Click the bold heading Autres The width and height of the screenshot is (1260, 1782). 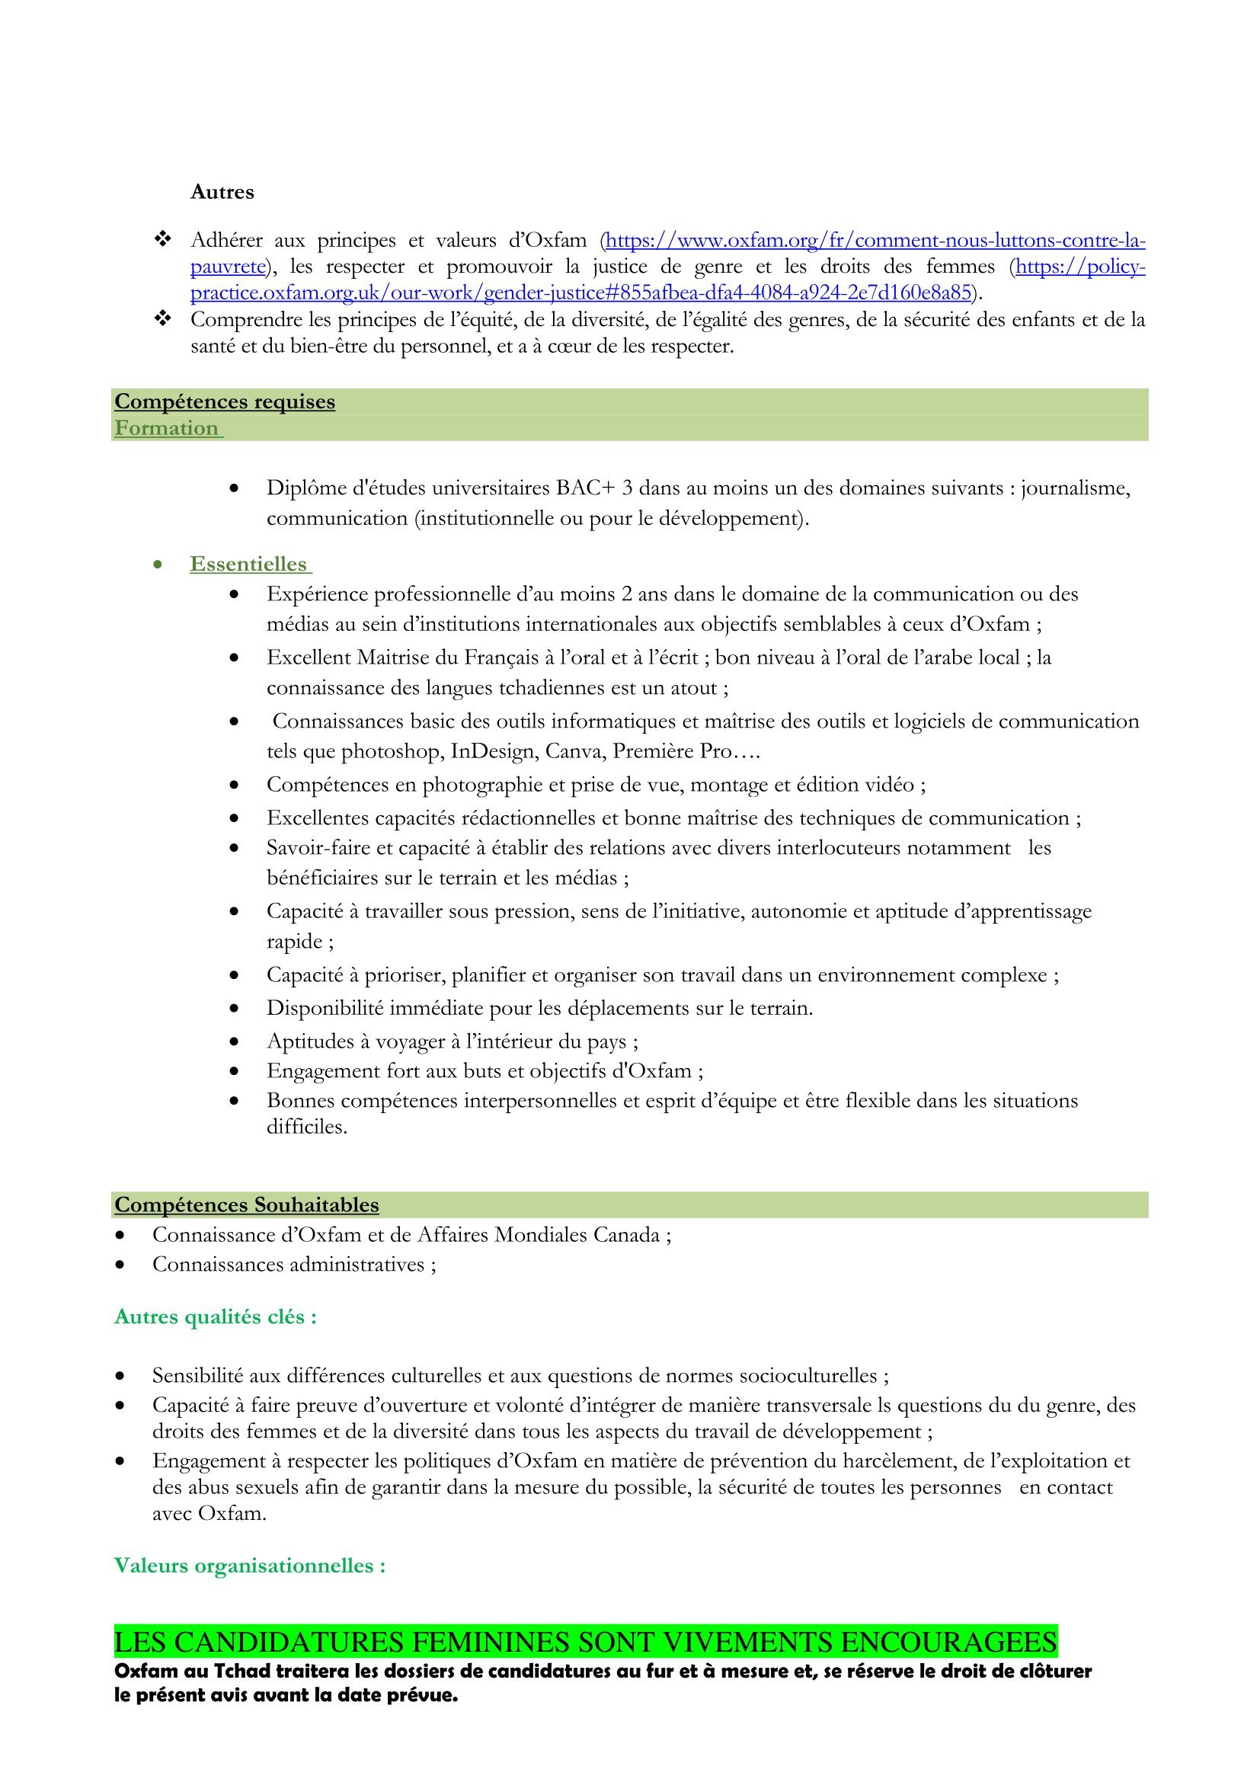[x=222, y=192]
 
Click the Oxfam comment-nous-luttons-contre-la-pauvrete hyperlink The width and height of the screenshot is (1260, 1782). [x=875, y=241]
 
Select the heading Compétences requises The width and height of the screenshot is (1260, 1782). [x=225, y=402]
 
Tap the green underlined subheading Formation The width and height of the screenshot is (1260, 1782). [x=167, y=428]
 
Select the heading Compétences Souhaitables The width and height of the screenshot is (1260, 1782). [x=247, y=1205]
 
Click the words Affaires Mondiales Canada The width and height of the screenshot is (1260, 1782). [x=539, y=1235]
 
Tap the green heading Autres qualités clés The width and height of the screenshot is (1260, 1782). [x=215, y=1317]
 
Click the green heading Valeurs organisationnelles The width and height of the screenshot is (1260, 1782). [x=250, y=1566]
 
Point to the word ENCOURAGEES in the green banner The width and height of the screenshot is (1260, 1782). [x=948, y=1643]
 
